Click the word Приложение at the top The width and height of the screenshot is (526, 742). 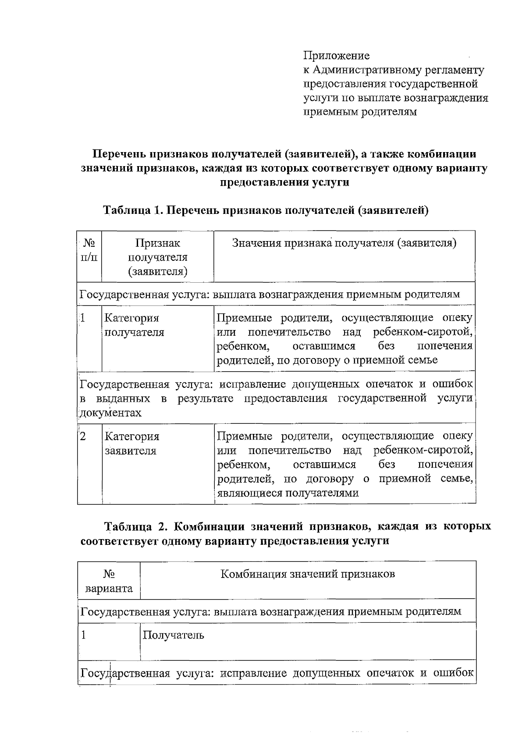point(336,56)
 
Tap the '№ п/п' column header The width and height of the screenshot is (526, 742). point(89,250)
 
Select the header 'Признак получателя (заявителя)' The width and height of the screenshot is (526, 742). point(157,257)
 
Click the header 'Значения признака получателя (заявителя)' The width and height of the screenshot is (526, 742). point(344,243)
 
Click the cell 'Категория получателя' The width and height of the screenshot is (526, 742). point(134,325)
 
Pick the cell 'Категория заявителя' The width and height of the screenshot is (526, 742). point(132,443)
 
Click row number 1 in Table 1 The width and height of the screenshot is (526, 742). point(82,318)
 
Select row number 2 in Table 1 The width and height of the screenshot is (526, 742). point(83,436)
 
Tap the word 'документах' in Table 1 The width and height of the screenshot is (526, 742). point(111,413)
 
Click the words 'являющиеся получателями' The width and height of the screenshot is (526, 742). point(288,493)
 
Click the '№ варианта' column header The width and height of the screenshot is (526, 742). point(109,581)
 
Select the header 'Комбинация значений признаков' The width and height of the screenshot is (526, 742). point(307,574)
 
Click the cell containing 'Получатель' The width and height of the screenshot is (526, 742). point(173,635)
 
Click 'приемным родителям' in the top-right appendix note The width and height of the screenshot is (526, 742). point(360,112)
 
